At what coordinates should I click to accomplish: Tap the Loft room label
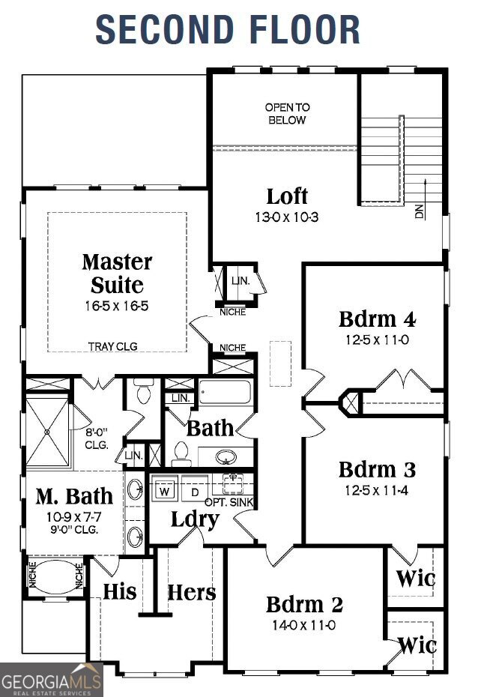287,196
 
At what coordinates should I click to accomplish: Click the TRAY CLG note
112,346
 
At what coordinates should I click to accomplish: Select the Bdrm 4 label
377,319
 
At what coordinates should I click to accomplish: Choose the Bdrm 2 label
304,604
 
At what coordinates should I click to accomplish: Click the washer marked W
165,492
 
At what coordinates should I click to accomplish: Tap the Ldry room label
194,519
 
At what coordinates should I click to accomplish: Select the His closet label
120,591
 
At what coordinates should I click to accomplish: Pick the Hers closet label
191,592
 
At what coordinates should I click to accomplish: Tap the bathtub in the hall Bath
226,393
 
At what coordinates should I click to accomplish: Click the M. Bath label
74,495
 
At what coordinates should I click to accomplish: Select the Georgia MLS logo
51,681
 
